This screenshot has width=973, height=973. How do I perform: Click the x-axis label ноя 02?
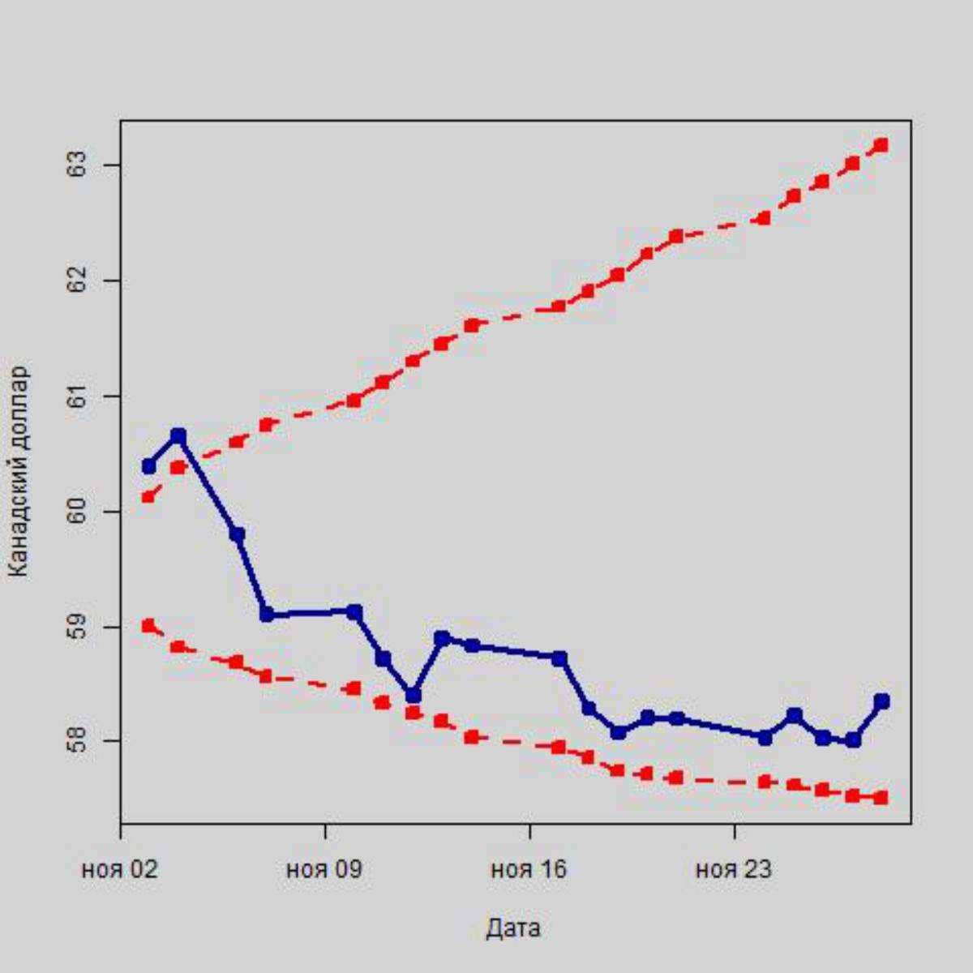click(x=120, y=870)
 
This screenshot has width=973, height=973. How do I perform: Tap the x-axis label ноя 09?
click(x=324, y=870)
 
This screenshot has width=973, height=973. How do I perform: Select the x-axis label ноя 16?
click(x=529, y=870)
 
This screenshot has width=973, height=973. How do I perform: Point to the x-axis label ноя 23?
click(x=734, y=870)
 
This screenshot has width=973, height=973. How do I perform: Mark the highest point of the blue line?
click(x=178, y=436)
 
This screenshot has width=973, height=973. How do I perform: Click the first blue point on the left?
click(x=148, y=466)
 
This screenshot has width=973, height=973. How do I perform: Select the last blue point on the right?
click(x=881, y=701)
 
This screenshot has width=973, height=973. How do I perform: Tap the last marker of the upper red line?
click(x=881, y=145)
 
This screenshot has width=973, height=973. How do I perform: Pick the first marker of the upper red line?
click(x=148, y=496)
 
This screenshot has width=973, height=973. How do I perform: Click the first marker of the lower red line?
click(x=148, y=625)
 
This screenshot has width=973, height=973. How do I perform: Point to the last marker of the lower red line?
click(x=881, y=798)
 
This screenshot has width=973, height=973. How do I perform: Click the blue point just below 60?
click(x=237, y=534)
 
